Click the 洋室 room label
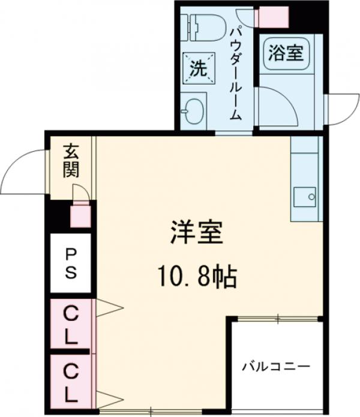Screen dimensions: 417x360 coord(197,233)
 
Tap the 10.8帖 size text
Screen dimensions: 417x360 coord(197,277)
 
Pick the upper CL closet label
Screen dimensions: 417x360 coord(71,325)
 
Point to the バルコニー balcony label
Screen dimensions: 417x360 coord(275,365)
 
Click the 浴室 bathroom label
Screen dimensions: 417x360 coord(285,54)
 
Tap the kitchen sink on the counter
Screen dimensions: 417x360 coord(306,195)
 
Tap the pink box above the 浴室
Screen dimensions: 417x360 coord(272,17)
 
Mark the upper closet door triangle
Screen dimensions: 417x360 coord(110,308)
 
